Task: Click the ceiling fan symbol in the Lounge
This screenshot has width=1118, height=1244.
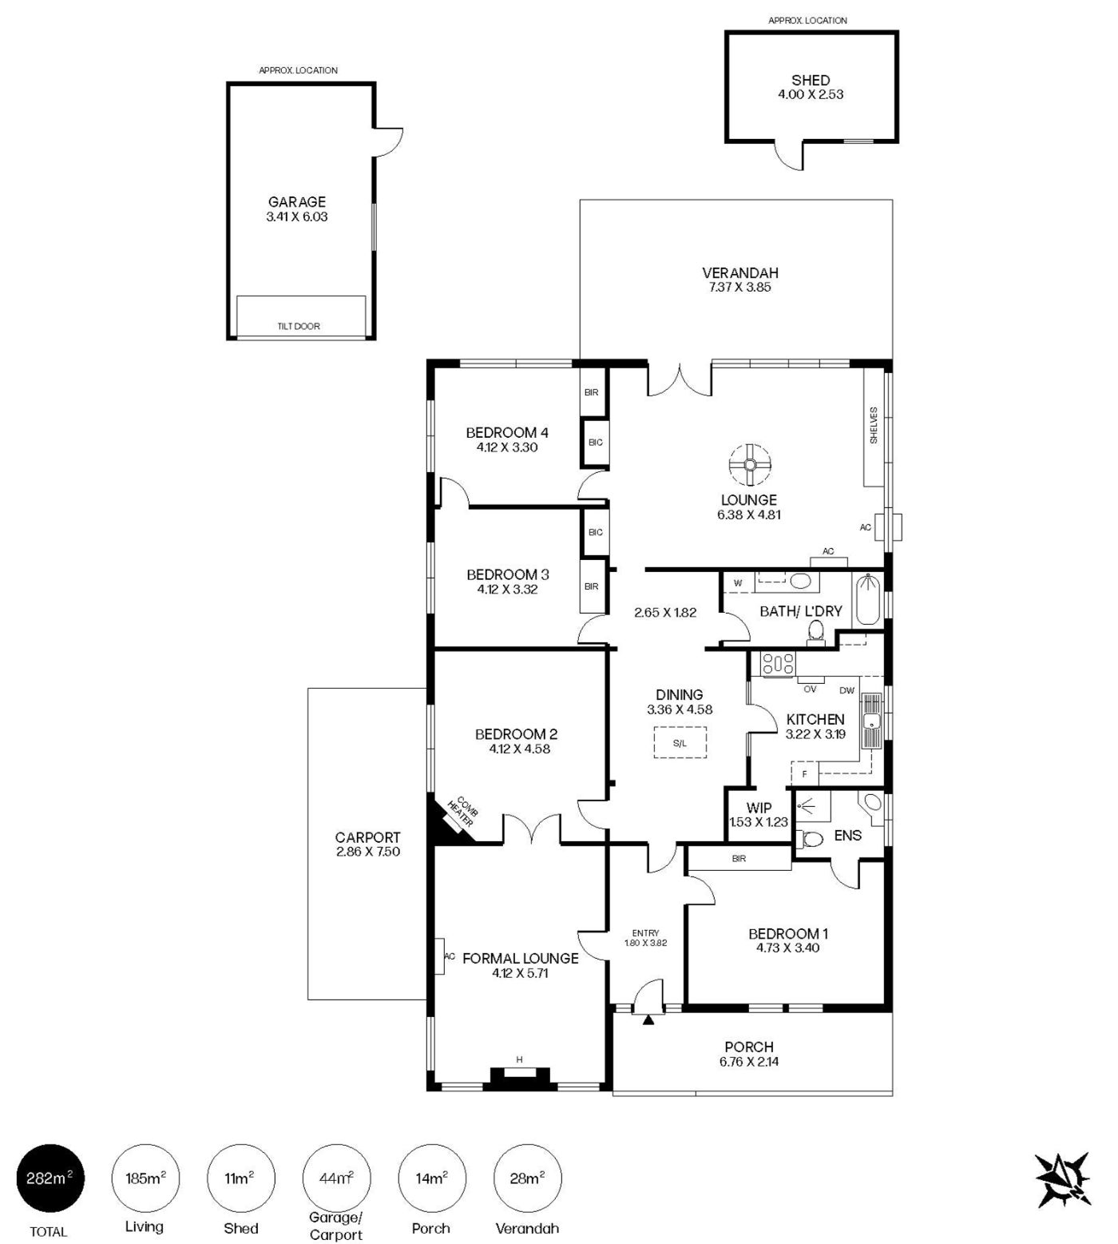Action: pos(750,465)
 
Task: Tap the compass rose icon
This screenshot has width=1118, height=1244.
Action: pos(1063,1179)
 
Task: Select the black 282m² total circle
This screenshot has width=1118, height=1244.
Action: pos(50,1178)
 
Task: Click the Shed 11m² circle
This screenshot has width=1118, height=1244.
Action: pos(240,1178)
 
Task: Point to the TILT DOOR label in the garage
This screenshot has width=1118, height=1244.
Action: pos(298,326)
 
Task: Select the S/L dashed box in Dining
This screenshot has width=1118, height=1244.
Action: pos(680,742)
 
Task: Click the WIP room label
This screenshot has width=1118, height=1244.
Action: pos(759,808)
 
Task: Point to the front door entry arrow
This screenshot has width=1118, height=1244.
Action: pos(648,1019)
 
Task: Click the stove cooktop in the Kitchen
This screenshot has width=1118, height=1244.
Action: pos(778,664)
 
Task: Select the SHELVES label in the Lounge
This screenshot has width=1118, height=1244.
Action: pos(874,426)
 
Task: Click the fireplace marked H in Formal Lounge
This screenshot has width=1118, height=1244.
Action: pos(520,1078)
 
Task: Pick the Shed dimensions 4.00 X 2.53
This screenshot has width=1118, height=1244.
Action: pos(811,94)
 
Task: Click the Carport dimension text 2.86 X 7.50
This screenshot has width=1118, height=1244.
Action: pos(368,852)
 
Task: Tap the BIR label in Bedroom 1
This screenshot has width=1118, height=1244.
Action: pos(739,859)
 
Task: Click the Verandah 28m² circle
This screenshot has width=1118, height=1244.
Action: pos(528,1178)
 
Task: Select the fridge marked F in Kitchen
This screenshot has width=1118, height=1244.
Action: pos(805,774)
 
